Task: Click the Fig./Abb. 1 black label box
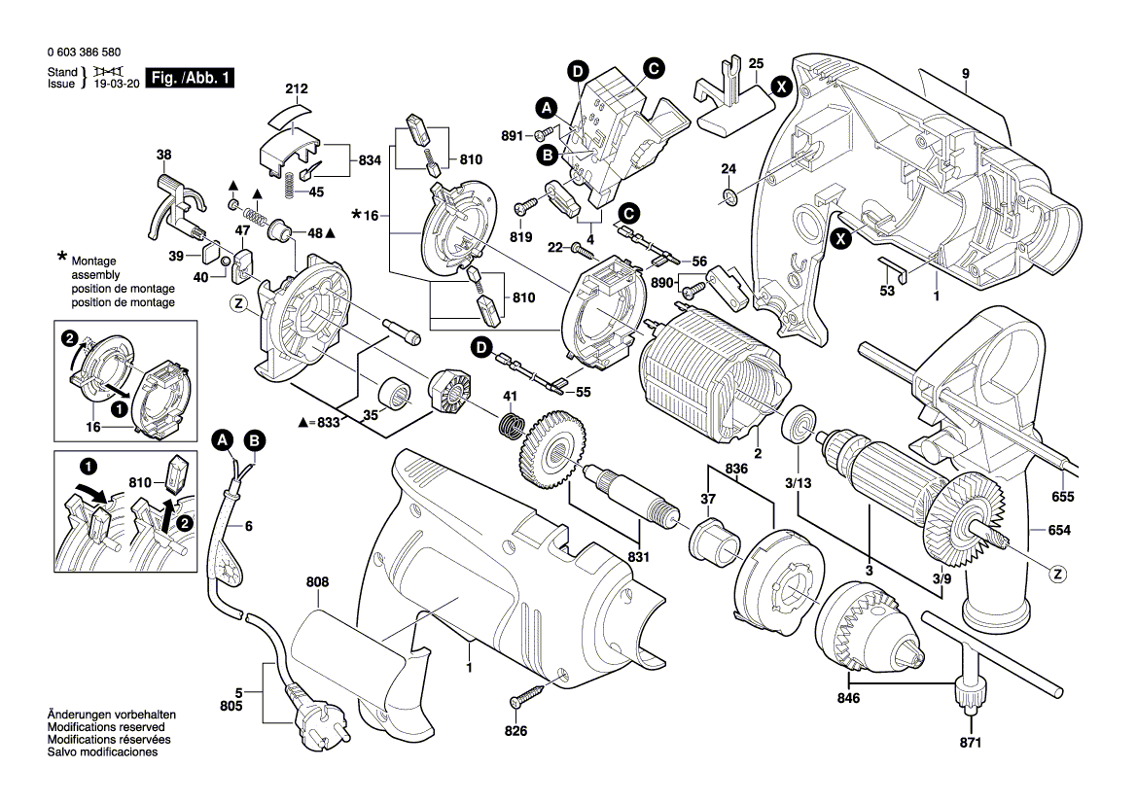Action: click(x=190, y=78)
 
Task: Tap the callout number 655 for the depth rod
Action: click(x=1062, y=498)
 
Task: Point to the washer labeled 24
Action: click(x=729, y=199)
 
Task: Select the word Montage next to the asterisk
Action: click(x=93, y=262)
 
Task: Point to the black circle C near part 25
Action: click(x=654, y=67)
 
